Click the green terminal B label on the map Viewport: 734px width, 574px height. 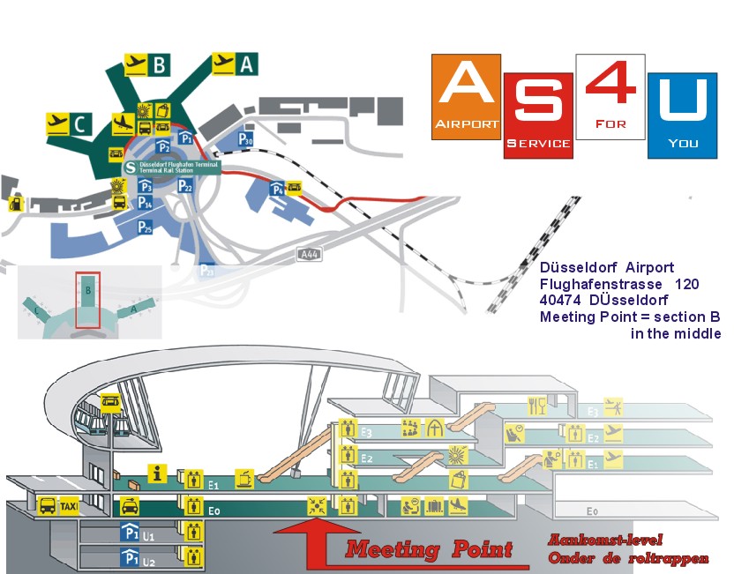coord(159,64)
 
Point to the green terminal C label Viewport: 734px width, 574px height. coord(79,123)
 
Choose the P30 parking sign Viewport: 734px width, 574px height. coord(246,140)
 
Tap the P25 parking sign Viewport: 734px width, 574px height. coord(145,227)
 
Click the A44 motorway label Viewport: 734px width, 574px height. coord(309,255)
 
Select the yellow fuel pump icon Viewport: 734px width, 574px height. coord(15,204)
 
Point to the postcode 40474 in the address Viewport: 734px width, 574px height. coord(562,301)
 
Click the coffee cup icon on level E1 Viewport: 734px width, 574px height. coord(245,477)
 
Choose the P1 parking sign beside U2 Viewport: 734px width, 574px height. coord(130,556)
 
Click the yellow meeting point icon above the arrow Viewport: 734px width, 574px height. coord(316,506)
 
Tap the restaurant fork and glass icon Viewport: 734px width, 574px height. coord(537,406)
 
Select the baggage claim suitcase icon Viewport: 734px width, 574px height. coord(434,506)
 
